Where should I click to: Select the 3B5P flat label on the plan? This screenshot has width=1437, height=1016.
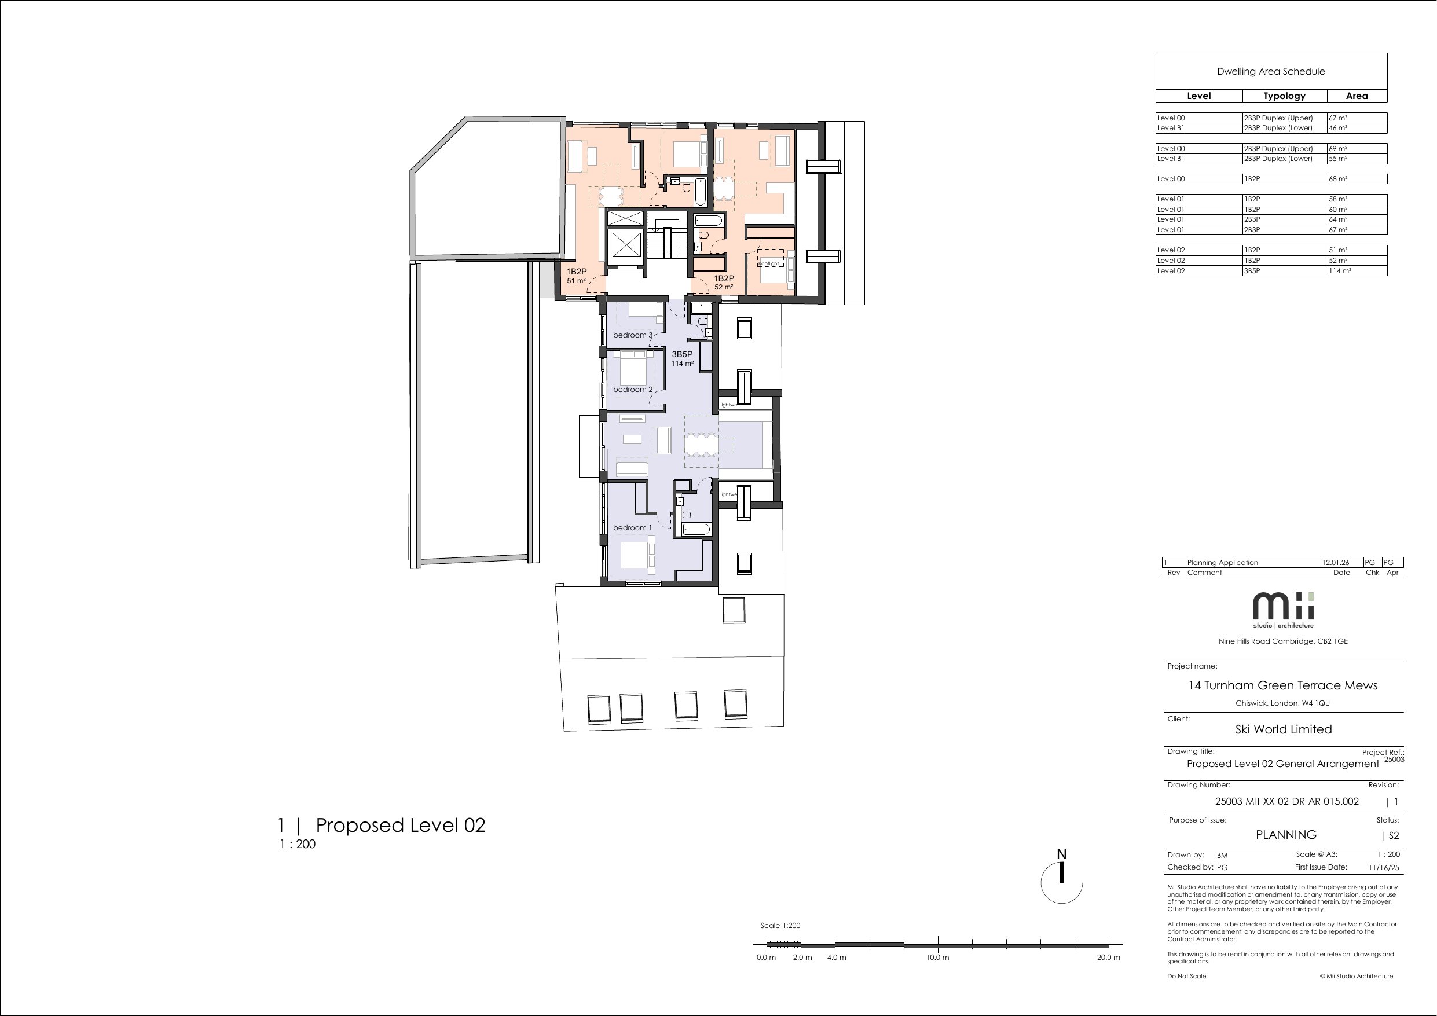[x=682, y=354]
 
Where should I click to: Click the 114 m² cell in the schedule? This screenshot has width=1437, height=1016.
[x=1340, y=271]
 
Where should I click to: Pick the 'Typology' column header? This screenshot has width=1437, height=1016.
[x=1284, y=96]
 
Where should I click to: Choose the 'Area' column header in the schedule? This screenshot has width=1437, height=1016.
[x=1357, y=96]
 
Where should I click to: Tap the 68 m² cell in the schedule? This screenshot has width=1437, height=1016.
[x=1338, y=179]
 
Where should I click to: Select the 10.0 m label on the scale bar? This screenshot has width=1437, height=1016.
[x=937, y=957]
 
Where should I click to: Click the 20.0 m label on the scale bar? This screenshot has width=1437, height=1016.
[x=1108, y=957]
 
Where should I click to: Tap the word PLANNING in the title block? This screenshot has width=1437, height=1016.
[x=1286, y=834]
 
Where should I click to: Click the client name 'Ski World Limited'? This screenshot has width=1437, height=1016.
[x=1284, y=729]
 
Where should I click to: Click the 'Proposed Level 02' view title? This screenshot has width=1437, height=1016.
[x=401, y=825]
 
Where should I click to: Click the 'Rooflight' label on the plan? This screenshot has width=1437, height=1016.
[x=768, y=263]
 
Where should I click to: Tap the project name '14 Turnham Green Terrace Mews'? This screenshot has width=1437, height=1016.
[x=1283, y=685]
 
